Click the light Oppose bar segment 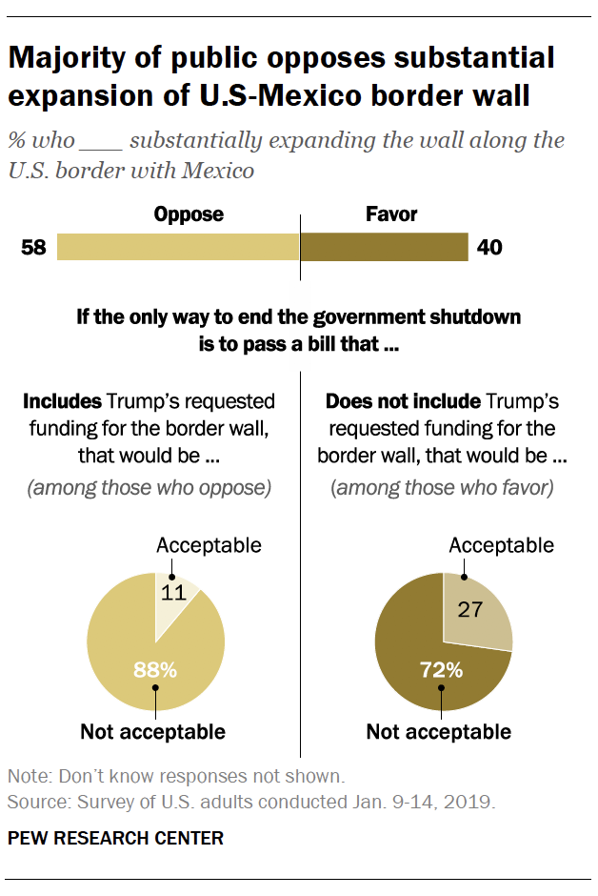click(178, 248)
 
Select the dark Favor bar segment click(384, 248)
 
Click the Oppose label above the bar click(189, 214)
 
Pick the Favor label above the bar click(391, 214)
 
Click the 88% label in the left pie click(155, 670)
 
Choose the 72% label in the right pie click(443, 670)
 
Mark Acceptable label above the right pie click(501, 545)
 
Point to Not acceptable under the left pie click(152, 732)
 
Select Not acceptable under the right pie click(439, 732)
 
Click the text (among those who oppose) click(149, 488)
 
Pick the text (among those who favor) click(444, 488)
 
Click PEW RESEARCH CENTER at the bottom click(115, 838)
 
